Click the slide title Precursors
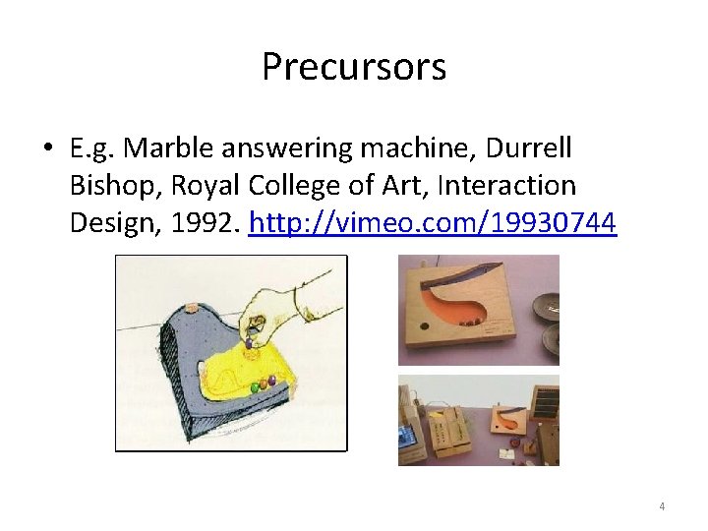(x=354, y=67)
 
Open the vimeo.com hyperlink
(x=433, y=223)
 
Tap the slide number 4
(x=662, y=506)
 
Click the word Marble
(x=165, y=149)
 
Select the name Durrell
(x=522, y=149)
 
